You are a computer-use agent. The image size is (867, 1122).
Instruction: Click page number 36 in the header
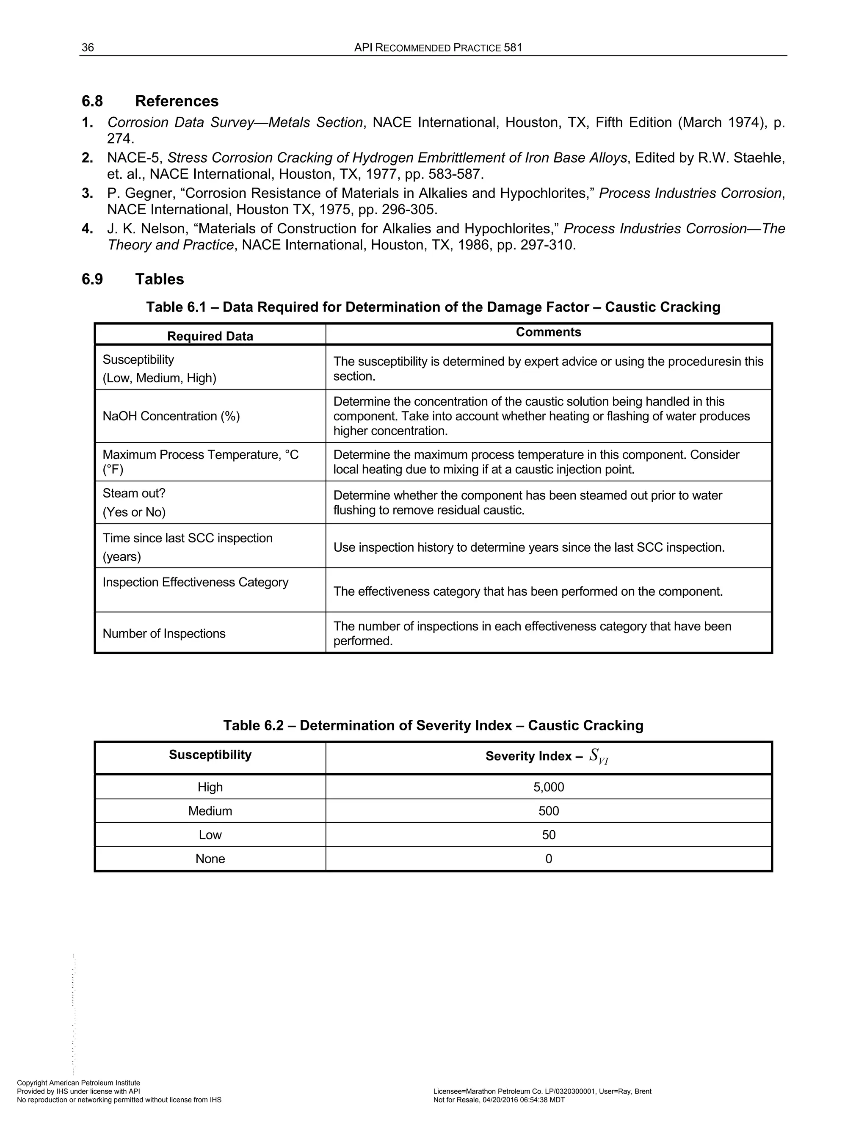coord(88,48)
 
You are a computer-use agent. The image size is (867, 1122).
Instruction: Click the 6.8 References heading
coord(150,101)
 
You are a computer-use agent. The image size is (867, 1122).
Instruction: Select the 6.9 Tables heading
coord(133,279)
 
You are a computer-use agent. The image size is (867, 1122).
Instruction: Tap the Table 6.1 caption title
coord(433,307)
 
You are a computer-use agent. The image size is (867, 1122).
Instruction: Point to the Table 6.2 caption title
coord(433,725)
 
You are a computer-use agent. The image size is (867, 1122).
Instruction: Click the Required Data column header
coord(210,336)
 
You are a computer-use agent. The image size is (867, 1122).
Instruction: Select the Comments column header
coord(548,332)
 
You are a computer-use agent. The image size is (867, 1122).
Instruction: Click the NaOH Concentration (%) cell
coord(171,416)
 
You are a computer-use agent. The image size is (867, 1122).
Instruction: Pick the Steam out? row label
coord(134,494)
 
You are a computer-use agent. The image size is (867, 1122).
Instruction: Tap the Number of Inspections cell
coord(164,633)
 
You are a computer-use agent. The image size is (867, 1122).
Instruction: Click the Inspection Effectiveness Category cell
coord(195,582)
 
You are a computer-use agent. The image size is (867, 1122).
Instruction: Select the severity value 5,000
coord(549,787)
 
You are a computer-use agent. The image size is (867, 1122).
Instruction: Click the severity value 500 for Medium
coord(549,811)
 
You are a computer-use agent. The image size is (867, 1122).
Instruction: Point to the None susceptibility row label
coord(210,859)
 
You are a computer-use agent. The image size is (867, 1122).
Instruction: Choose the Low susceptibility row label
coord(210,835)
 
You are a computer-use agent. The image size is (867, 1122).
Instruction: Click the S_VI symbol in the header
coord(598,756)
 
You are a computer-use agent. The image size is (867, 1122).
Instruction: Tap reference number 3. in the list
coord(87,193)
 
